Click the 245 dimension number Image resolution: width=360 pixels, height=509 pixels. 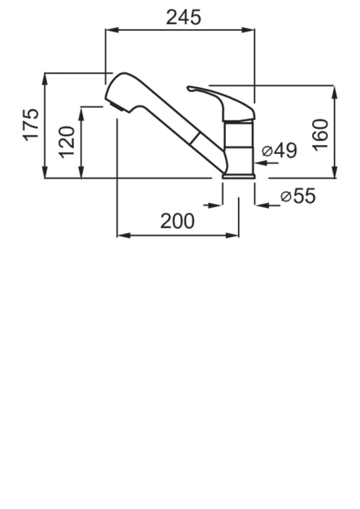184,17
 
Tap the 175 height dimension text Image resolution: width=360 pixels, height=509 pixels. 31,125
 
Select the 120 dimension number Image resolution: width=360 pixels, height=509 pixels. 67,142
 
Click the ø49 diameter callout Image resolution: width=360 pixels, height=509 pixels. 279,150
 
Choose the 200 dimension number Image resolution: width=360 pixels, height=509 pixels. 177,221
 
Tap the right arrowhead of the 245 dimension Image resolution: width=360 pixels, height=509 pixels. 248,30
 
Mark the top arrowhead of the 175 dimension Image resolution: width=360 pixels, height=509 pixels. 45,80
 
